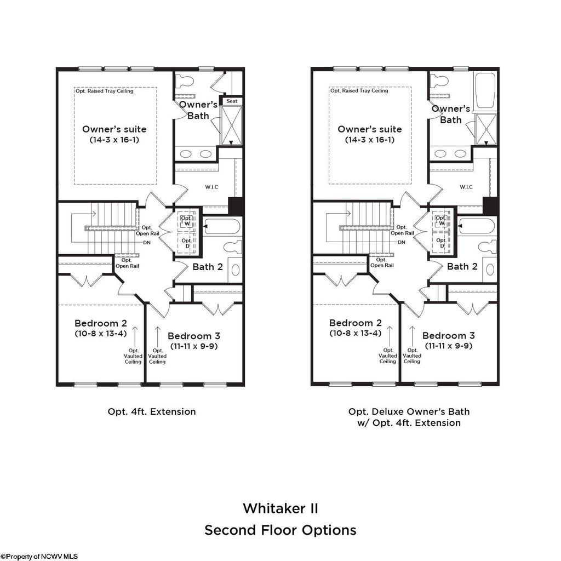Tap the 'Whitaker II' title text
(x=280, y=508)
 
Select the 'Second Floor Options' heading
(x=280, y=530)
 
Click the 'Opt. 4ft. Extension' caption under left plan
(x=152, y=411)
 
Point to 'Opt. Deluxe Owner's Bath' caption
(x=409, y=411)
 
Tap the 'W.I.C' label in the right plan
(x=466, y=187)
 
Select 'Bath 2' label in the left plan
(x=208, y=267)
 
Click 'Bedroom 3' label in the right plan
(x=449, y=335)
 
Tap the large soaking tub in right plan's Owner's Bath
(x=485, y=91)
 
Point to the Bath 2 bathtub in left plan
(x=222, y=227)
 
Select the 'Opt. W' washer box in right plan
(x=440, y=220)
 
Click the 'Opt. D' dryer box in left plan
(x=186, y=244)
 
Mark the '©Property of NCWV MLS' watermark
(x=39, y=556)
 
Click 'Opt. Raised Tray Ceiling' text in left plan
(x=105, y=91)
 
